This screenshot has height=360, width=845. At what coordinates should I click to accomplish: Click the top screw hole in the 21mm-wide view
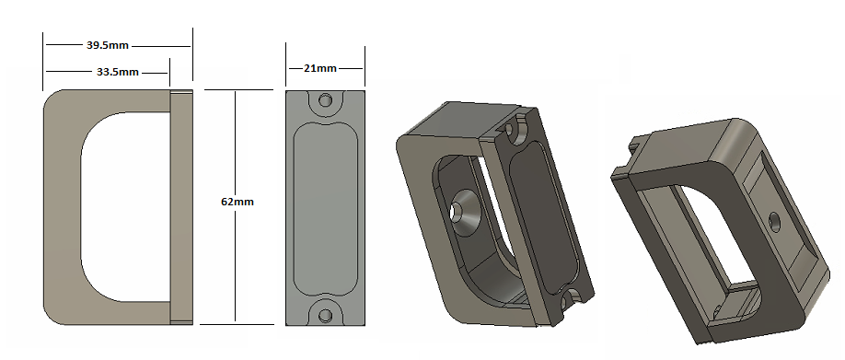[x=325, y=100]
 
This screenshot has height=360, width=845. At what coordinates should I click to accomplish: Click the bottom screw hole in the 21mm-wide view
[x=325, y=315]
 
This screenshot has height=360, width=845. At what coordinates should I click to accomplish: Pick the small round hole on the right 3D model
[x=773, y=219]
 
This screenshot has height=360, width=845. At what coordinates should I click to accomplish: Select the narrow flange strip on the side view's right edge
[x=182, y=207]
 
